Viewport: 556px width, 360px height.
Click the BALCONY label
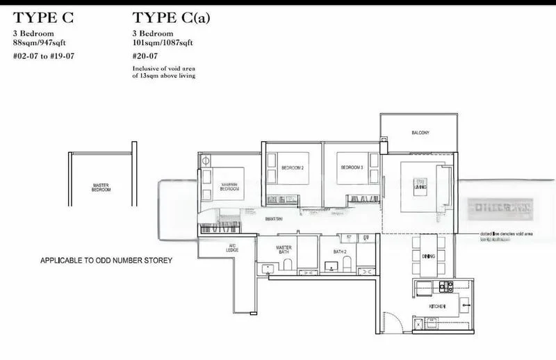pos(420,131)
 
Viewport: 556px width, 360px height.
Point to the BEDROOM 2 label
pos(293,168)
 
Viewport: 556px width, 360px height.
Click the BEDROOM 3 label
pos(350,168)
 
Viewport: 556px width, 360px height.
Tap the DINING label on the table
pos(427,256)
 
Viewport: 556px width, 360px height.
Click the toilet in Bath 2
pos(347,265)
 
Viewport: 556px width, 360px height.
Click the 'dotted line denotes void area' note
pos(505,234)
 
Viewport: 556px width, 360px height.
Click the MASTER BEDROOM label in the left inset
pos(101,188)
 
